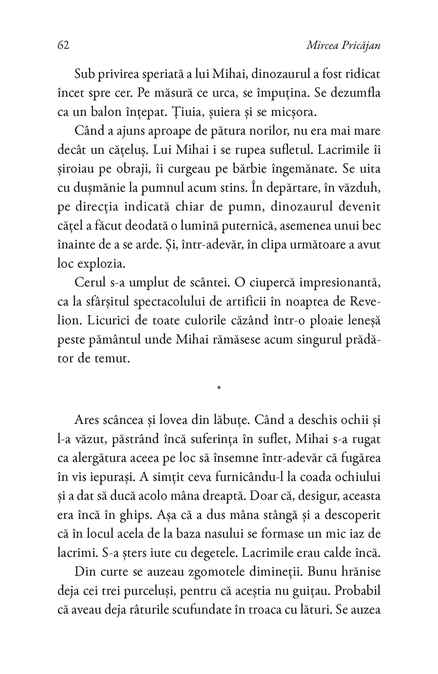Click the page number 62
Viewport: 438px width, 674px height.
(x=63, y=46)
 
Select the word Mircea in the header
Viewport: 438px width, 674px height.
(x=321, y=46)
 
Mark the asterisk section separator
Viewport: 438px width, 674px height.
(x=219, y=389)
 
